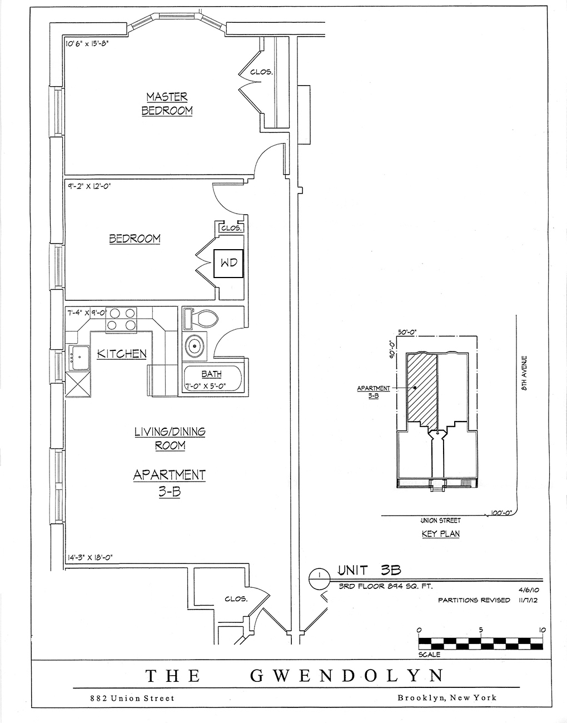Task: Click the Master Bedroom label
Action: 167,103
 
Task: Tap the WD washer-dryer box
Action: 228,263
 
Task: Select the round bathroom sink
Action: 195,346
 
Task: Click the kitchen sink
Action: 78,357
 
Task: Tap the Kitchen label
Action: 122,354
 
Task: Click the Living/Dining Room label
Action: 170,438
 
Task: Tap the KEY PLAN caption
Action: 440,534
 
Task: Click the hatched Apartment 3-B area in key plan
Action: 421,389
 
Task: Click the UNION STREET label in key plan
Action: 440,521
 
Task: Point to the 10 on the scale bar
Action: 542,630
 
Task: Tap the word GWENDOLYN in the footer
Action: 347,676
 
